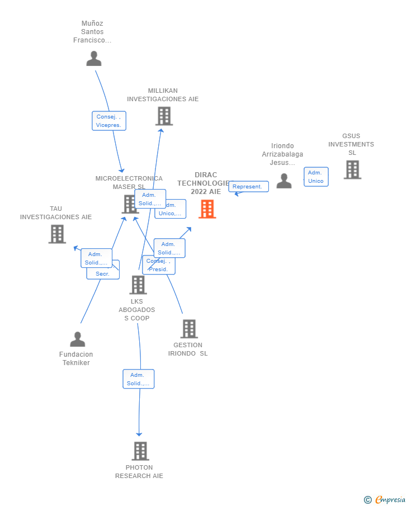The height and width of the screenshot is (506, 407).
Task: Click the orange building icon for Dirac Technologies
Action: (x=207, y=209)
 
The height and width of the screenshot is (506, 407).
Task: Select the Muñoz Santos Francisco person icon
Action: (x=94, y=59)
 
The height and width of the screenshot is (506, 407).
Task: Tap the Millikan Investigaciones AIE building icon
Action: (x=164, y=116)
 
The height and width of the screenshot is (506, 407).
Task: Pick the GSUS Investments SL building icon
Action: (x=352, y=169)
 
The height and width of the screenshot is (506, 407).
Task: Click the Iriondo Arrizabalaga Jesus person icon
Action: (x=284, y=181)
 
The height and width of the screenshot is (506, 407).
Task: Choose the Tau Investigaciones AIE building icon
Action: (x=57, y=234)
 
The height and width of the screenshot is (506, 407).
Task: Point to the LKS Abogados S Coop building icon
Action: (x=138, y=285)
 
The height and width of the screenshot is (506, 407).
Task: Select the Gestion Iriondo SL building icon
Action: (x=189, y=329)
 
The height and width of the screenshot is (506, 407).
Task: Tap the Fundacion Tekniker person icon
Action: (x=78, y=339)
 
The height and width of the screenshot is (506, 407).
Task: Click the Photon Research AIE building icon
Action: (x=140, y=451)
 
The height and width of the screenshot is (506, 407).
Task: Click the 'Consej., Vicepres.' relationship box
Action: (x=109, y=121)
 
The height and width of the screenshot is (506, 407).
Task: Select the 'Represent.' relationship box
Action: (x=248, y=187)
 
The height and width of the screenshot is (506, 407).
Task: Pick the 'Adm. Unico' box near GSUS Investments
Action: (x=316, y=177)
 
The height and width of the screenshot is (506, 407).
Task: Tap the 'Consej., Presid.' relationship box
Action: (x=159, y=265)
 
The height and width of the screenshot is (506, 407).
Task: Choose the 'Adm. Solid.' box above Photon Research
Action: (x=139, y=379)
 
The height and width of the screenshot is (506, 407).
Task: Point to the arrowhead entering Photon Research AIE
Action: (x=139, y=434)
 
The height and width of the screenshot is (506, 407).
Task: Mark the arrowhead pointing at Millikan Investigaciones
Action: (x=161, y=131)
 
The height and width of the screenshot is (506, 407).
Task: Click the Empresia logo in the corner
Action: (x=385, y=499)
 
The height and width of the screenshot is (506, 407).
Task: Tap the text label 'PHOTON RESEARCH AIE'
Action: (x=139, y=472)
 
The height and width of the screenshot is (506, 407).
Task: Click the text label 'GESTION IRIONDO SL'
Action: (x=188, y=349)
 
